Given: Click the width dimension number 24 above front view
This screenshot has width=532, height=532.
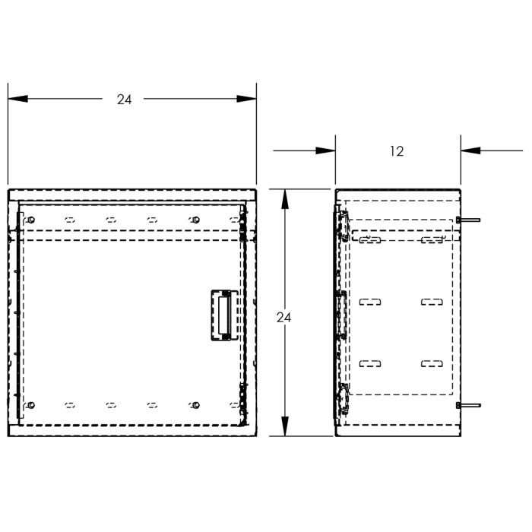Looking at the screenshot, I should (124, 99).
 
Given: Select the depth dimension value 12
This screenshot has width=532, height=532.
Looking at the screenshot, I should (396, 151).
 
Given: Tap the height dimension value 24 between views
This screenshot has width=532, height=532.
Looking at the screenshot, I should (283, 317).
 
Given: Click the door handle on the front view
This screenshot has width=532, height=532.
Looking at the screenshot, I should (221, 313).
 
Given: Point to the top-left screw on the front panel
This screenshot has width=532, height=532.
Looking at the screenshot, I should (30, 220).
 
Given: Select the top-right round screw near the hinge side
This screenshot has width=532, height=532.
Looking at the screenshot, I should (196, 220).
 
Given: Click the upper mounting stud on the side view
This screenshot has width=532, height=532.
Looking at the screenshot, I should (468, 220).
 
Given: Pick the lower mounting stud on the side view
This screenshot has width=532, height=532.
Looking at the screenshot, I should (468, 405).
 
